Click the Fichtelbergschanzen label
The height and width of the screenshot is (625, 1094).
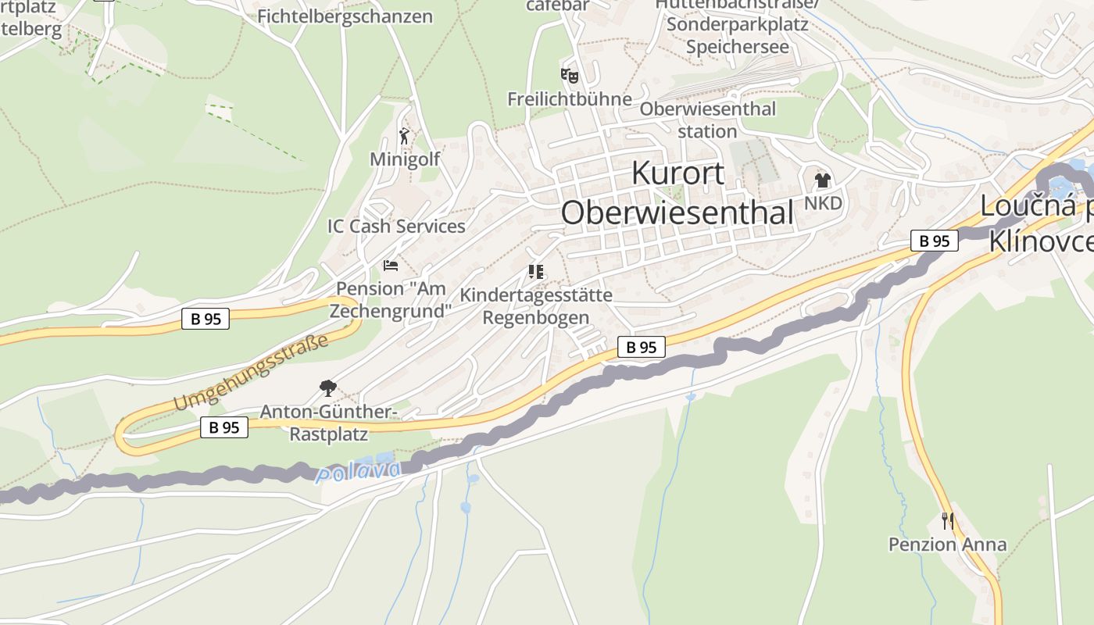tap(345, 16)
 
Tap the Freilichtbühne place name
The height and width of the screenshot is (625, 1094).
tap(569, 99)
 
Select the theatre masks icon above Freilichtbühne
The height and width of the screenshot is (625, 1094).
tap(570, 76)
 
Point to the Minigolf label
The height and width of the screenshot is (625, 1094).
tap(405, 159)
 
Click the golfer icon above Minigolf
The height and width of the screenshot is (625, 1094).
tap(404, 137)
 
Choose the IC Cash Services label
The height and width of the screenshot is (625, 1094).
tap(396, 227)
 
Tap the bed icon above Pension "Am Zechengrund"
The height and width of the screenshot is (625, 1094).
tap(390, 266)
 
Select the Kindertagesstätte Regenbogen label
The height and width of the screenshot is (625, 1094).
tap(536, 306)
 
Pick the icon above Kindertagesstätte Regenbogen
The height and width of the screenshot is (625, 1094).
tap(535, 272)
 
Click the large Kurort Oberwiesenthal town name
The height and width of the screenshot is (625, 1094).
tap(677, 192)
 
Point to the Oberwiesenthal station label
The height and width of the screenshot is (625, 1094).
tap(708, 120)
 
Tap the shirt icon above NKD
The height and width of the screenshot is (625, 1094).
tap(822, 180)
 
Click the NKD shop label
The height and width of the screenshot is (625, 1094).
tap(823, 204)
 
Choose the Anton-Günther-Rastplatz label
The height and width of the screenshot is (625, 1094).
tap(329, 423)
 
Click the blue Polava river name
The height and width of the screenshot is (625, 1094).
tap(360, 472)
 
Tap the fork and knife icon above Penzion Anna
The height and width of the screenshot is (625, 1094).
tap(947, 520)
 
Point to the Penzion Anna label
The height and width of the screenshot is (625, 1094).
tap(947, 545)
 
